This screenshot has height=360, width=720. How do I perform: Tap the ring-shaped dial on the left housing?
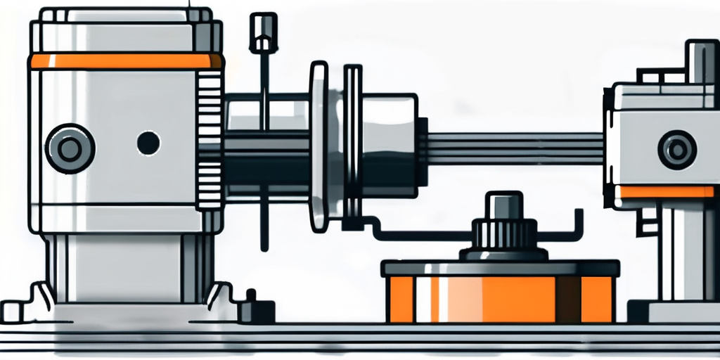click(69, 148)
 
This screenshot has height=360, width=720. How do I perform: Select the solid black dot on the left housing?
click(148, 143)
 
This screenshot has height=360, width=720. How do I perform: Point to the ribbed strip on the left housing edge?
click(210, 141)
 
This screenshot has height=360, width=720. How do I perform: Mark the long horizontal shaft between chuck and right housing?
click(513, 148)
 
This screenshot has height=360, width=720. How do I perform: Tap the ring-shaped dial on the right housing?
click(676, 150)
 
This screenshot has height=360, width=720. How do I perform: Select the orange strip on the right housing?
click(664, 192)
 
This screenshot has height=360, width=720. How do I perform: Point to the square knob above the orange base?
click(503, 205)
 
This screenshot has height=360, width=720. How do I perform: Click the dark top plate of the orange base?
click(500, 268)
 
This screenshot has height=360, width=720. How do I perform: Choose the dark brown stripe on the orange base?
click(567, 299)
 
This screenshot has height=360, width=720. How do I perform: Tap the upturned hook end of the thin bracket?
click(579, 219)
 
